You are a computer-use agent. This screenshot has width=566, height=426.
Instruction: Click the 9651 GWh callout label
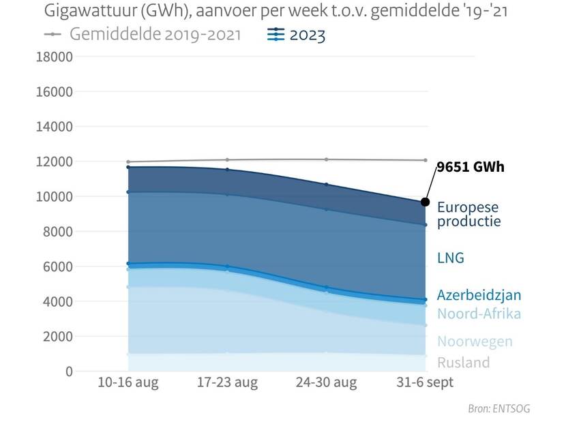pyautogui.click(x=471, y=167)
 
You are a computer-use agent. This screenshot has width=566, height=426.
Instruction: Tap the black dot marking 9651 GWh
pyautogui.click(x=426, y=202)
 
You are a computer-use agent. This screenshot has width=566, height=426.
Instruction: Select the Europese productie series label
pyautogui.click(x=468, y=214)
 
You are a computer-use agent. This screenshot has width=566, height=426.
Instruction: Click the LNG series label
pyautogui.click(x=450, y=258)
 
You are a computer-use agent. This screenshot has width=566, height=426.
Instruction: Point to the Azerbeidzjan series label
pyautogui.click(x=479, y=295)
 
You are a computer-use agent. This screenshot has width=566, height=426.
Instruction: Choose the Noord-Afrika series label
pyautogui.click(x=479, y=314)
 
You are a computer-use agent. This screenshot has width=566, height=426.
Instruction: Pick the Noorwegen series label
pyautogui.click(x=475, y=341)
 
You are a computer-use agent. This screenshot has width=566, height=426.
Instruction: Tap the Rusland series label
pyautogui.click(x=463, y=363)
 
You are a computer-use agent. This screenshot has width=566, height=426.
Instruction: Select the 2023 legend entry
pyautogui.click(x=297, y=35)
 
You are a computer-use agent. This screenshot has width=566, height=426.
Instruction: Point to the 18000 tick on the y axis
pyautogui.click(x=54, y=57)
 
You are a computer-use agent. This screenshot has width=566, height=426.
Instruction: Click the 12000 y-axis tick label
pyautogui.click(x=54, y=162)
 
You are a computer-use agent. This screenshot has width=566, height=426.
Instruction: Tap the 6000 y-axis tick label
pyautogui.click(x=57, y=267)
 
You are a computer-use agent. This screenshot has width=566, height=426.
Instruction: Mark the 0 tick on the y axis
pyautogui.click(x=69, y=371)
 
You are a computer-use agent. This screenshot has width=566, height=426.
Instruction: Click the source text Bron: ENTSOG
pyautogui.click(x=498, y=409)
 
